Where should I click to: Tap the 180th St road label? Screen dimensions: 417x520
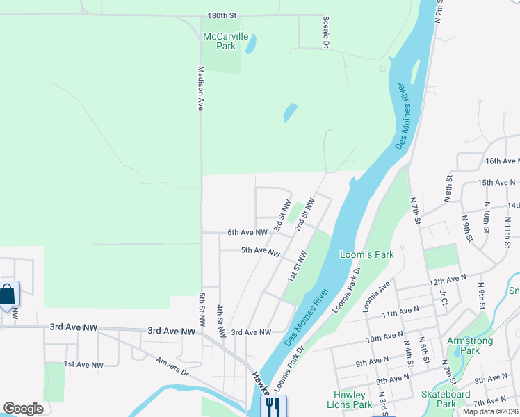pos(222,15)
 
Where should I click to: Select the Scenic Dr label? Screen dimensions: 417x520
pos(325,33)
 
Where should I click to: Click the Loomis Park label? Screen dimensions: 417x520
pos(367,254)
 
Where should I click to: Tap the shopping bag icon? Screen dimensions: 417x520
pos(8,293)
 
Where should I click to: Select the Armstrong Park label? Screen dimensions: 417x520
pos(471,345)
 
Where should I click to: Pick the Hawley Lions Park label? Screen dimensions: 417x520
pos(349,400)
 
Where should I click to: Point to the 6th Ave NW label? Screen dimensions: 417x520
pos(247,233)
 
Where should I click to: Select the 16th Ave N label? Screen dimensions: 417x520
pos(502,161)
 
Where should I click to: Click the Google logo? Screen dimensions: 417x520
pos(23,409)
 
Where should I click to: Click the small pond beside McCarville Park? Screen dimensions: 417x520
pos(250,44)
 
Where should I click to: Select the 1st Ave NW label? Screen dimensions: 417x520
pos(83,364)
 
